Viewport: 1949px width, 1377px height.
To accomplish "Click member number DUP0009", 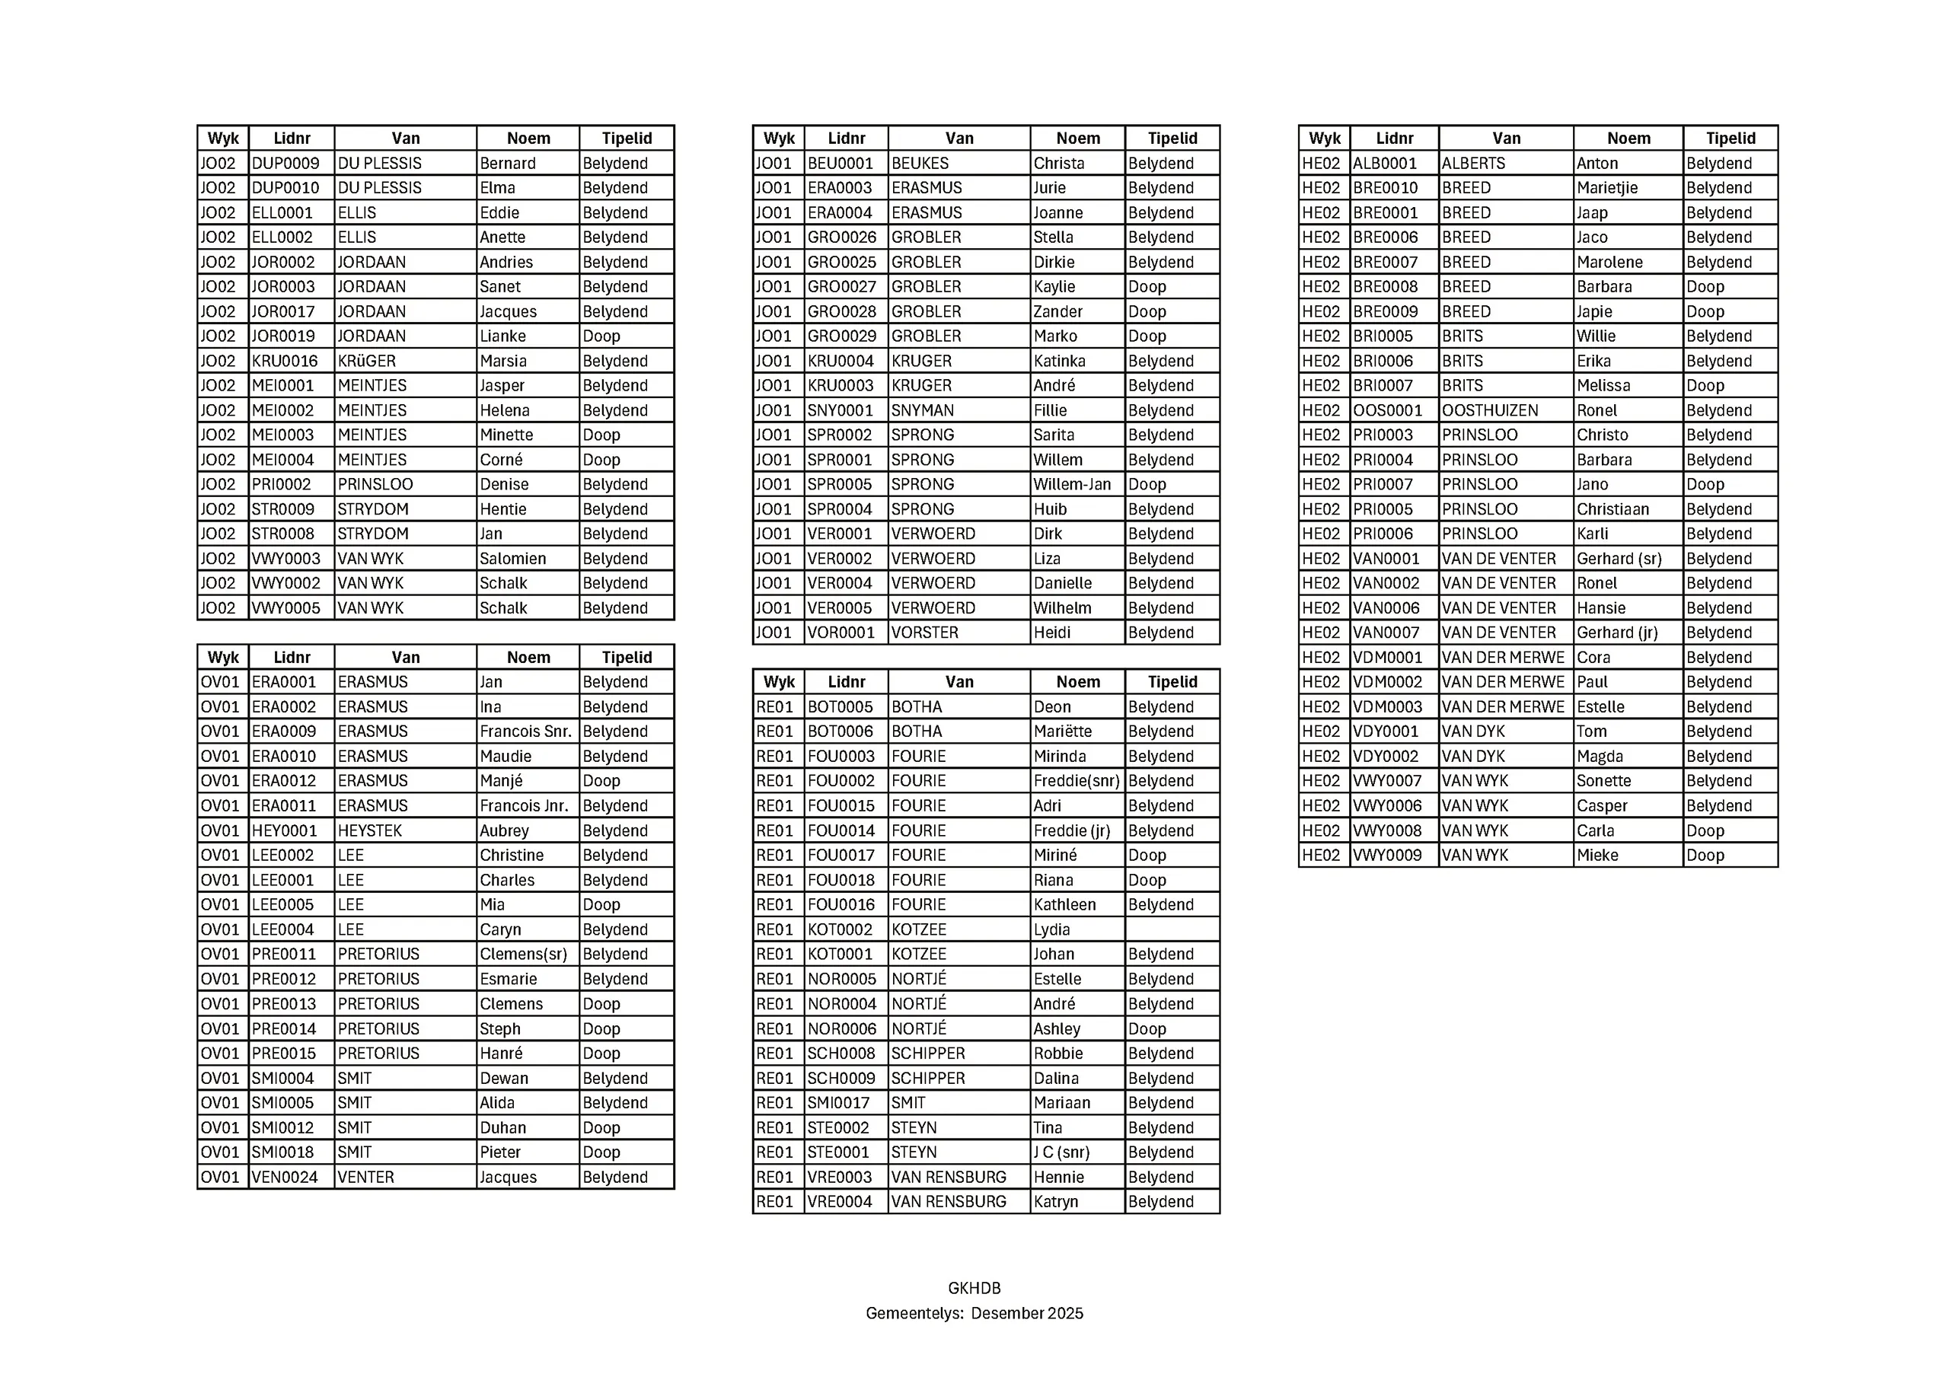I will click(x=285, y=163).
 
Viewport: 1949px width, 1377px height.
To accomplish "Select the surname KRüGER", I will click(x=367, y=361).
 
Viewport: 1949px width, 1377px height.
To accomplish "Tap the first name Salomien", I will click(x=512, y=559).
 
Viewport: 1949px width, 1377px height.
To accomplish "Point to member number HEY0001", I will click(x=285, y=830).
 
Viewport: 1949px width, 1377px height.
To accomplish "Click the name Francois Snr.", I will click(x=525, y=731).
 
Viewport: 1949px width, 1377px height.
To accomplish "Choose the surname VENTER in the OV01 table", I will click(x=366, y=1177).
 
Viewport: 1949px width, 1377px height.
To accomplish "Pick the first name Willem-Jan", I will click(x=1072, y=484).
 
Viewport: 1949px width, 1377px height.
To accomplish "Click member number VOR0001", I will click(x=841, y=633).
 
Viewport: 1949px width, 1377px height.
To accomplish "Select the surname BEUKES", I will click(x=920, y=163).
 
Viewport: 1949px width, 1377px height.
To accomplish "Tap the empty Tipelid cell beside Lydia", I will click(x=1172, y=929).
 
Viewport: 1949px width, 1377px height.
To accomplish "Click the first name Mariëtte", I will click(x=1063, y=731).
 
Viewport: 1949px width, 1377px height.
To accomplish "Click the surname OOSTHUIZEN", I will click(x=1490, y=410).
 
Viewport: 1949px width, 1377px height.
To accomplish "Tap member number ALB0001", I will click(x=1386, y=163).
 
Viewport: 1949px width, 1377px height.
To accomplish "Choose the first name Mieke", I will click(x=1597, y=855).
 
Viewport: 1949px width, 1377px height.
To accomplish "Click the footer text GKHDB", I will click(x=974, y=1288).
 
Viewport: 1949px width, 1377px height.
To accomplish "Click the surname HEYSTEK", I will click(x=370, y=830).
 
